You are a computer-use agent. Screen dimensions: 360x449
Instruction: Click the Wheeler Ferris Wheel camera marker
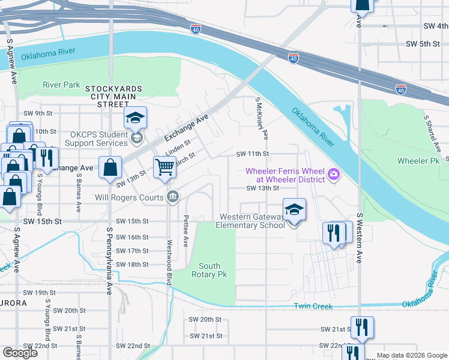pos(334,175)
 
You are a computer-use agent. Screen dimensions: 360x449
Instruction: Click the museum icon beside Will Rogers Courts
pos(172,197)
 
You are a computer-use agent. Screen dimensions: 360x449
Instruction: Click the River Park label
pos(61,85)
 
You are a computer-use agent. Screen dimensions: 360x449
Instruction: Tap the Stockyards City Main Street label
pos(113,96)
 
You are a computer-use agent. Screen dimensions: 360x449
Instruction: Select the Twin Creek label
pos(313,306)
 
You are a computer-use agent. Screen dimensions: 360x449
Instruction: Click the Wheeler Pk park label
pos(419,161)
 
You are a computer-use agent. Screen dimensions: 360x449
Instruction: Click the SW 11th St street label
pos(252,154)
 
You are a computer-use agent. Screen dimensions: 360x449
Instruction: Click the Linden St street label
pos(178,146)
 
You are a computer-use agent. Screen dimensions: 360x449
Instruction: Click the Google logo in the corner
pos(20,353)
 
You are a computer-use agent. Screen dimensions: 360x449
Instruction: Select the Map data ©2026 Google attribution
pos(412,355)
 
